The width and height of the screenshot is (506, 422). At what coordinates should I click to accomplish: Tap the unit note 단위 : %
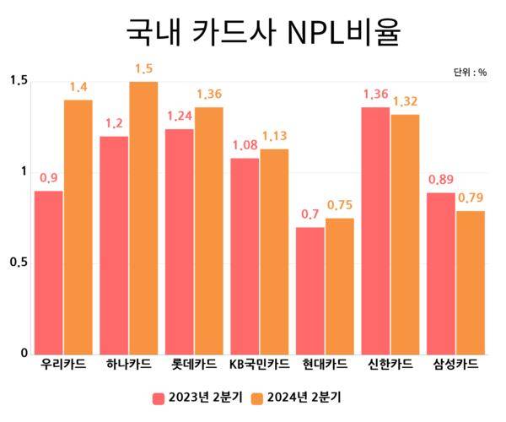point(470,73)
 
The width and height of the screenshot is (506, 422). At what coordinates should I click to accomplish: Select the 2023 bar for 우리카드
point(49,272)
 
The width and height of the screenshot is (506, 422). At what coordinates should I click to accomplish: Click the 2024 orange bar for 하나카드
point(143,218)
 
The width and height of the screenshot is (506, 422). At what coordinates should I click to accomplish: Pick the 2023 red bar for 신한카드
point(375,230)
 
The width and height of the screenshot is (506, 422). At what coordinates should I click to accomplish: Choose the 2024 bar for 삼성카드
point(471,282)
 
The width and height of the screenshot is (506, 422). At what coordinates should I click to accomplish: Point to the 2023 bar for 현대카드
point(310,290)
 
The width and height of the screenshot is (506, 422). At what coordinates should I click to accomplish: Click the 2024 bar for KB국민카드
point(274,251)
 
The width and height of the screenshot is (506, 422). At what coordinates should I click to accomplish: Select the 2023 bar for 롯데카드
point(180,241)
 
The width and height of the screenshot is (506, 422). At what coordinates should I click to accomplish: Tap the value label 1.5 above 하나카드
point(143,68)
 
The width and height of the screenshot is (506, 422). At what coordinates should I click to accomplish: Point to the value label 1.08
point(245,144)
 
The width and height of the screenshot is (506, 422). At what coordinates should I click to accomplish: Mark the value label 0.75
point(340,205)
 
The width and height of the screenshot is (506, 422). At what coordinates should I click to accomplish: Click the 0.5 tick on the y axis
point(18,262)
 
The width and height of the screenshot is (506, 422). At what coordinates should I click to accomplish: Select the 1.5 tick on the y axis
point(18,81)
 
